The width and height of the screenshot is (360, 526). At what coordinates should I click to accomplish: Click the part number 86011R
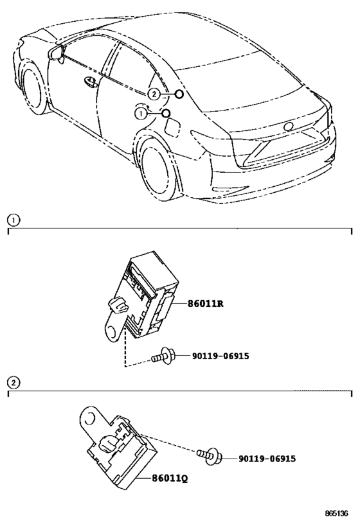click(205, 304)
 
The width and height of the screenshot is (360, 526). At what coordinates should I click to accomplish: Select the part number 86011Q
click(170, 478)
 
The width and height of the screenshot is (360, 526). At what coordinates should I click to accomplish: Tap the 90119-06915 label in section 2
click(266, 459)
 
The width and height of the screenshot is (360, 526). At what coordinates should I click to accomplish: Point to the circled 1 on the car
click(140, 114)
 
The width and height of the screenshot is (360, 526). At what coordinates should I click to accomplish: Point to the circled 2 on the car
click(153, 94)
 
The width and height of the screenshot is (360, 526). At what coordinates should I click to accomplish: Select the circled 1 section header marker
click(12, 220)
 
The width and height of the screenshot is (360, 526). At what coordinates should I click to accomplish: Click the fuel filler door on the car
click(173, 127)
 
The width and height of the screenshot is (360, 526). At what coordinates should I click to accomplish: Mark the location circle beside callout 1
click(166, 114)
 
